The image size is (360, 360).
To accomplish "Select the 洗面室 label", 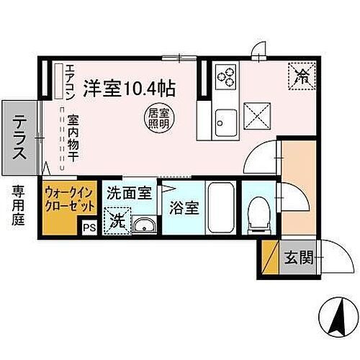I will [x=128, y=193].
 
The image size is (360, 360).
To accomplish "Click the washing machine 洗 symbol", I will [x=115, y=221].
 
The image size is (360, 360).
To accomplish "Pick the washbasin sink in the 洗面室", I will [x=143, y=226].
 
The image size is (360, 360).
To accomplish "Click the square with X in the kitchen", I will [x=257, y=113].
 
